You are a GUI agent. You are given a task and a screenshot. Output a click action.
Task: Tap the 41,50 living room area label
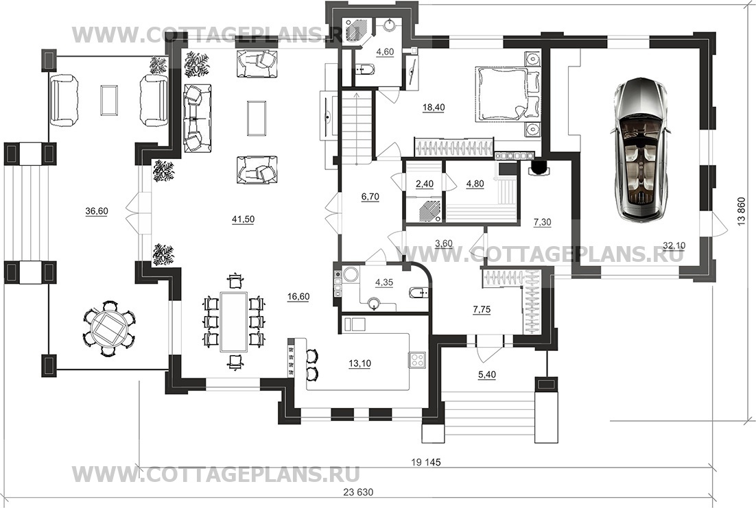(243, 220)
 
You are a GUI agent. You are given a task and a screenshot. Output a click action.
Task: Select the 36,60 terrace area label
(97, 211)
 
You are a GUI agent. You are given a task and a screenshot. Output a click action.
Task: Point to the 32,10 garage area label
(674, 246)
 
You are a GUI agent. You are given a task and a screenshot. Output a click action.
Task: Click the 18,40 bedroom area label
(434, 108)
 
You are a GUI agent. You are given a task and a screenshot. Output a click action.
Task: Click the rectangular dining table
(234, 322)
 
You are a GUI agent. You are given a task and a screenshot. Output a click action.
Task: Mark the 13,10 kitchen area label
(359, 364)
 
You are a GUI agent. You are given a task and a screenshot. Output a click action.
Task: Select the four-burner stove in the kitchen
(416, 359)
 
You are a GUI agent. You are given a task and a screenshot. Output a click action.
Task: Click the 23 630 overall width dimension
(358, 493)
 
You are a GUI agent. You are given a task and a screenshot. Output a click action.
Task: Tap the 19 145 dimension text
(426, 462)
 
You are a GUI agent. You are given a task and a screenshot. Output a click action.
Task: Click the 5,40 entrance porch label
(487, 374)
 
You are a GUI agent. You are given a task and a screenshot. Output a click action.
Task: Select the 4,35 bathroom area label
(383, 283)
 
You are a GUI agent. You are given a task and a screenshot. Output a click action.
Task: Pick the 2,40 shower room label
(424, 184)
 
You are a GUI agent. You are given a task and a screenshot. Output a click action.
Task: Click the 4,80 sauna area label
(475, 184)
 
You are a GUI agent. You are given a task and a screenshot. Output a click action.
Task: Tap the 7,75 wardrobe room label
(482, 310)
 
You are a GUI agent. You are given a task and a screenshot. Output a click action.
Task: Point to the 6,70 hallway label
(370, 197)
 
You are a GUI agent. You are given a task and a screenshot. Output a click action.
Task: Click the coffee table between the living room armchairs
(257, 118)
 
